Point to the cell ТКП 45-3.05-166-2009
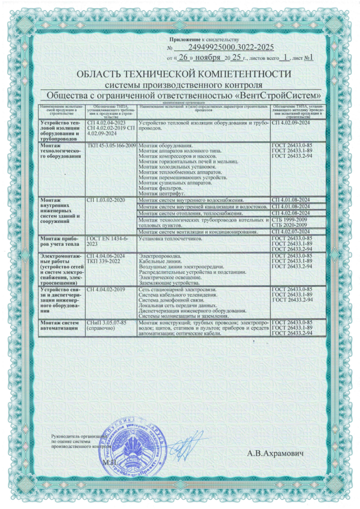point(112,146)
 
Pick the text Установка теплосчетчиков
point(172,239)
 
